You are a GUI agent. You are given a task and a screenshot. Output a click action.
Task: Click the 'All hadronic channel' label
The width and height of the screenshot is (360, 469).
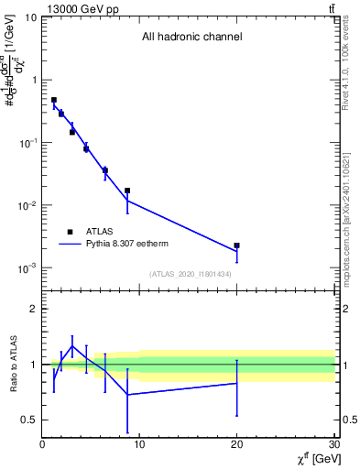click(191, 38)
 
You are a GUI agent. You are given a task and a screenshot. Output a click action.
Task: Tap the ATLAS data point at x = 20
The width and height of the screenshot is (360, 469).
click(236, 245)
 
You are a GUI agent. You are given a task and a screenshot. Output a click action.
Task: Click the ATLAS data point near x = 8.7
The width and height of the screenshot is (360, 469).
click(127, 191)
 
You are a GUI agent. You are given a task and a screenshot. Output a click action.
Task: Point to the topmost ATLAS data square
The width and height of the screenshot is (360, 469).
click(53, 100)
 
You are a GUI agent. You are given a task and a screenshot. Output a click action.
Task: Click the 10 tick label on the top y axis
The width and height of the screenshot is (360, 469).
click(31, 17)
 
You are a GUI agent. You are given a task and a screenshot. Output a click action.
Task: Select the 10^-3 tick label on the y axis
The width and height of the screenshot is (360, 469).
click(27, 268)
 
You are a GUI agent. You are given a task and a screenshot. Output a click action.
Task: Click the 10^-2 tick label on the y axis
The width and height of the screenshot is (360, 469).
click(27, 206)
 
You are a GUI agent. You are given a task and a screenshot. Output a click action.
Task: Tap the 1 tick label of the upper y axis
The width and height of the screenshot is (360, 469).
click(34, 80)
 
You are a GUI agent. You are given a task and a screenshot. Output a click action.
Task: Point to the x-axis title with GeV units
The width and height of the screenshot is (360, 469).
click(314, 459)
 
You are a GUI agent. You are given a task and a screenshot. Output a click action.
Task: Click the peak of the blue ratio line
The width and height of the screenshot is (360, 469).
click(72, 346)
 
